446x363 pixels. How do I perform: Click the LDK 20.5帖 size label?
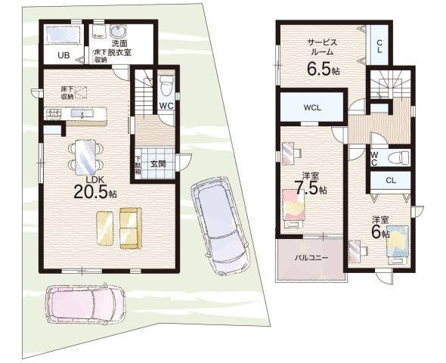(94, 188)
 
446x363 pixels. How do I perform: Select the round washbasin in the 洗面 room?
(119, 32)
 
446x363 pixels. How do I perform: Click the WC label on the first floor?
(166, 106)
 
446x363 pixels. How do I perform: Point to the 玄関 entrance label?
(158, 163)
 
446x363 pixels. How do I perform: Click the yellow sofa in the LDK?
(118, 226)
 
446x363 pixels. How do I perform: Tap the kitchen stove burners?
(55, 114)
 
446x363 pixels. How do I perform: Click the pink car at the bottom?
(82, 304)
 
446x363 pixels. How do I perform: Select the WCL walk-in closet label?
(312, 108)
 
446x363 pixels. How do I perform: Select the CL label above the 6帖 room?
(390, 181)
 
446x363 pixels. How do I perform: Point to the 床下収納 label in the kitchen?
(67, 93)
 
